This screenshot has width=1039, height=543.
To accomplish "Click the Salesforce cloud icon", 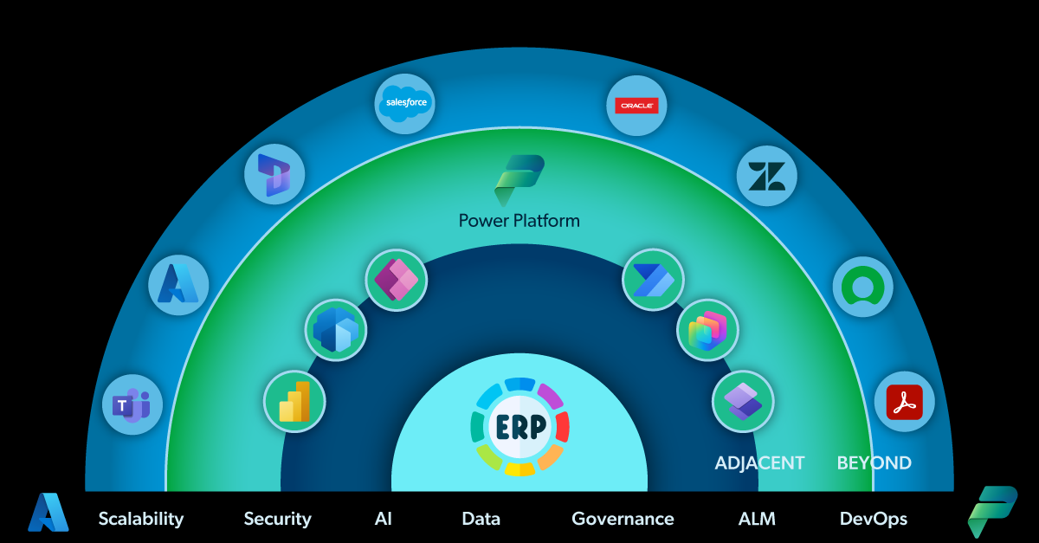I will point(406,103).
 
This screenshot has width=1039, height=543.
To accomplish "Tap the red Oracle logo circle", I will point(636,106).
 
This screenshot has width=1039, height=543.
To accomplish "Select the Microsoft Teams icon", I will point(132,404).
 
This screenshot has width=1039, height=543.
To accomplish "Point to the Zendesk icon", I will point(766,176).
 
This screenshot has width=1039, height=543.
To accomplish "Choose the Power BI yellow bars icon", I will point(294,401).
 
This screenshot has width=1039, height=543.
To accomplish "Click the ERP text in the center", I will point(519,427).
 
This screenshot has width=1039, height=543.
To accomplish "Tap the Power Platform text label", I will point(519,220).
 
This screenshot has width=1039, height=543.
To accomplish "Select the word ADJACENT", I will point(759,463).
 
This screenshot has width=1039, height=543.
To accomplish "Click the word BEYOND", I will point(874,463).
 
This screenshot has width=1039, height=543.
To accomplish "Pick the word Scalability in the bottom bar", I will point(141,519).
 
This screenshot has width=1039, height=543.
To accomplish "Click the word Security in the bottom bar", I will point(277,519).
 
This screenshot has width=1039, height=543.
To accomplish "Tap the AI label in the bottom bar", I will point(384,519).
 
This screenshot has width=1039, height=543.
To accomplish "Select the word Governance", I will point(623,519).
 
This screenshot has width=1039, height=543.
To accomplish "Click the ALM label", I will point(757,519).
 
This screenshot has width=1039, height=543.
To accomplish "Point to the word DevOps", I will point(873,519).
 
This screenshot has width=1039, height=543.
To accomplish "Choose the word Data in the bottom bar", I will point(481,519).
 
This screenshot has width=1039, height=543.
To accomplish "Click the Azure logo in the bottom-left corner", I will point(48,514).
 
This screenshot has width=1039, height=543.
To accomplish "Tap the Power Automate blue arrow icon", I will point(653,279).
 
